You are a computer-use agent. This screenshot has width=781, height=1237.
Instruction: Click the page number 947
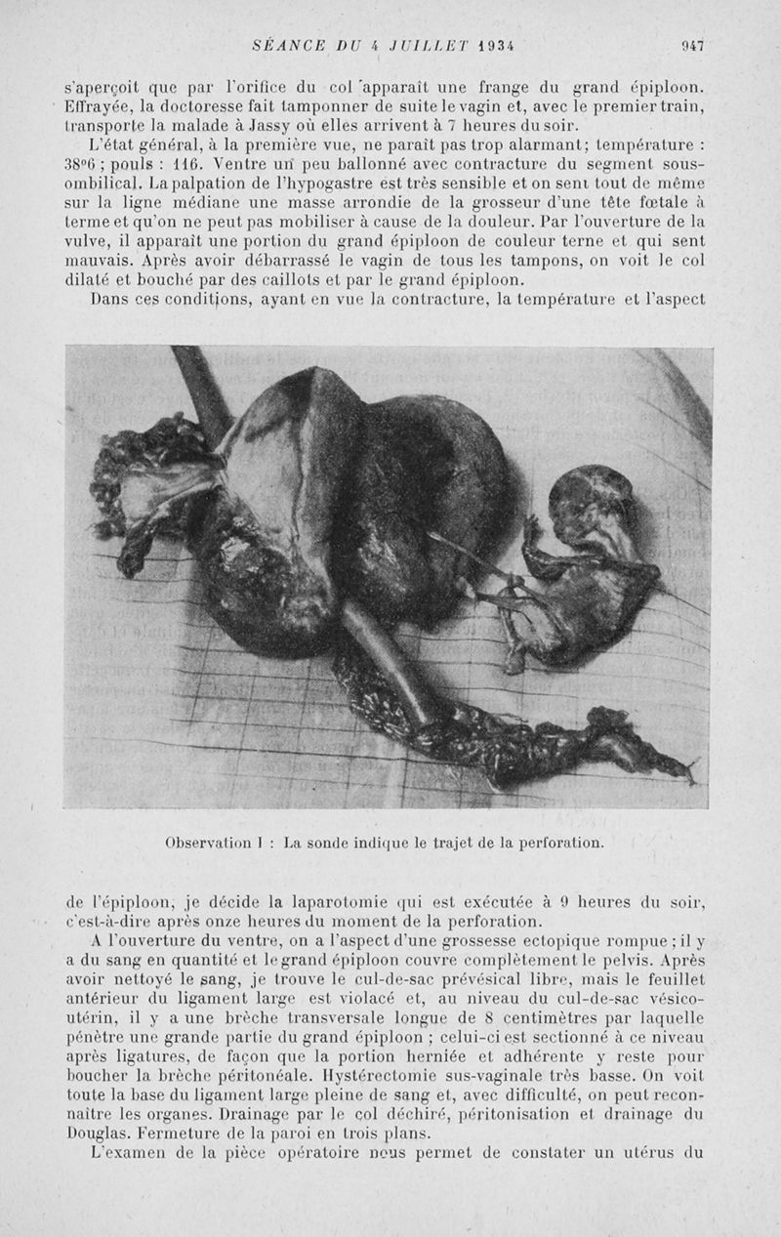coord(693,45)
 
